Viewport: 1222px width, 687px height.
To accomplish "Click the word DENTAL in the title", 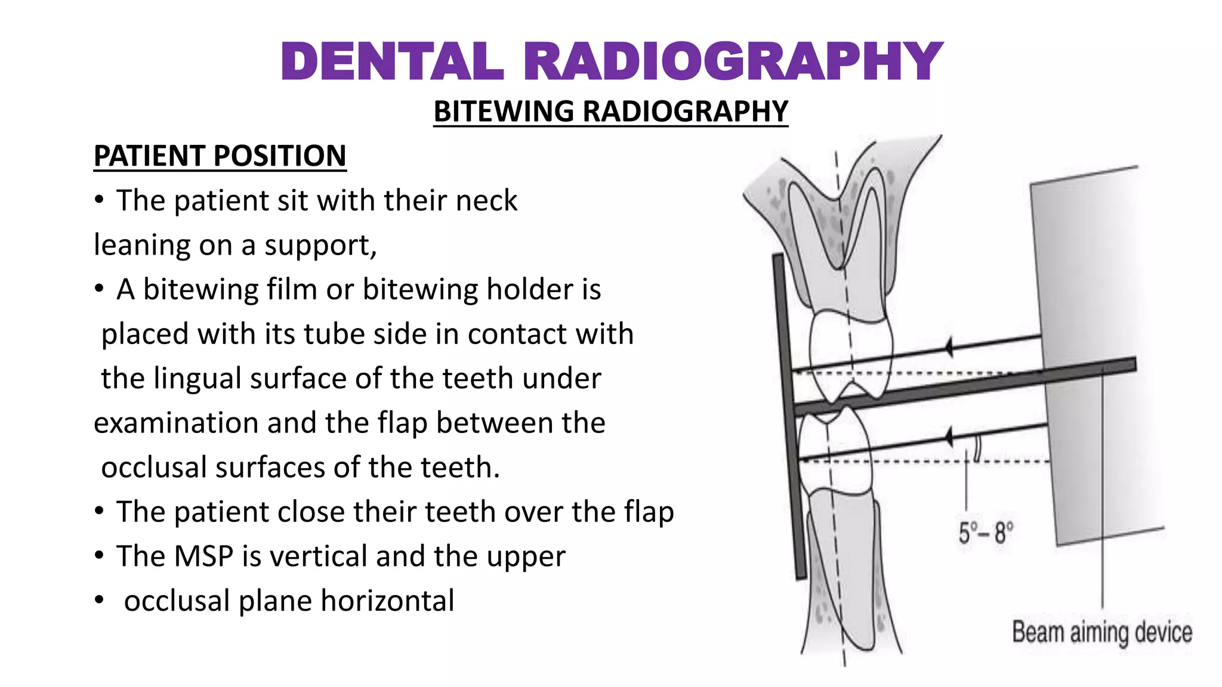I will point(392,62).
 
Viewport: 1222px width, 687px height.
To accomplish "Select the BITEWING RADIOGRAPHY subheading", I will point(610,112).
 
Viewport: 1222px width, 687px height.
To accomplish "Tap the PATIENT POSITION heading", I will point(220,156).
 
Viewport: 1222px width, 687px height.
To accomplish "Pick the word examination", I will point(175,423).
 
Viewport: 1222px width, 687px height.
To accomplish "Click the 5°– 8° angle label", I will point(985,533).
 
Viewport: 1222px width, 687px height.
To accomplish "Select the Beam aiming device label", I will point(1101,632).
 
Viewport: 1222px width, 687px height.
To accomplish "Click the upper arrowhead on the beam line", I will point(949,347).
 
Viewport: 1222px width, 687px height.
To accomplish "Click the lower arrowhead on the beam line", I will point(949,438).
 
